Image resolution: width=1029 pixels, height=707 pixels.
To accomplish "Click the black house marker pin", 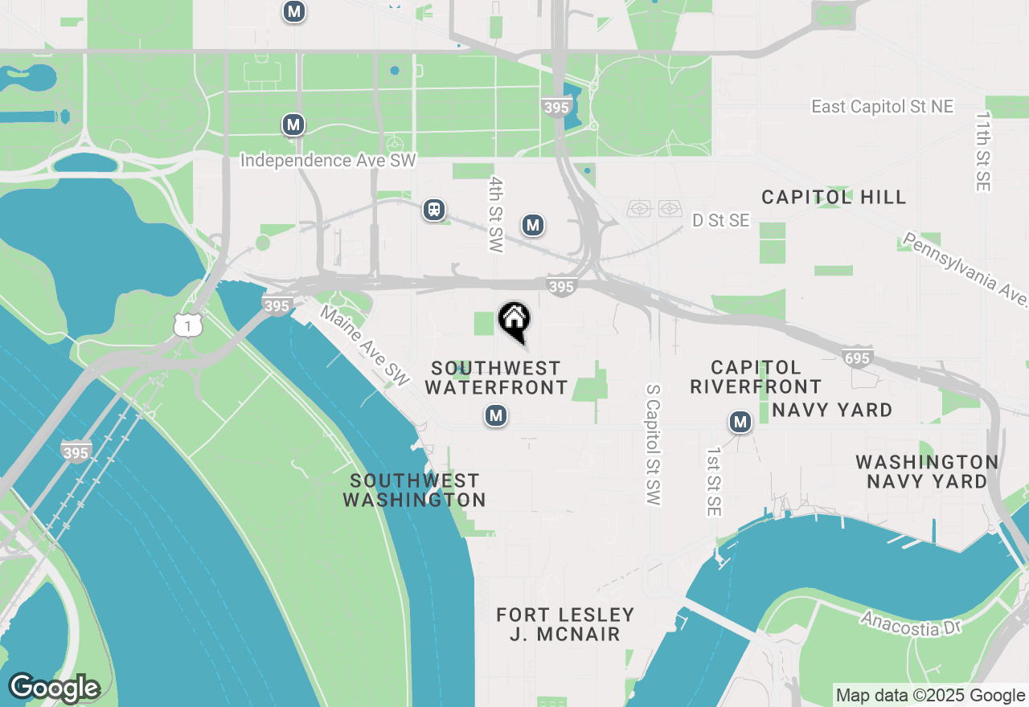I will [x=514, y=321].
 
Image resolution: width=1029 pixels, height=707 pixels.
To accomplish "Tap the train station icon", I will [x=434, y=210].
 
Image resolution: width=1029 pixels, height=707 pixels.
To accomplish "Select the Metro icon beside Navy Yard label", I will [x=740, y=422].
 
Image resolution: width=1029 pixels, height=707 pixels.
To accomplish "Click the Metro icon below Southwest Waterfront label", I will [x=496, y=415].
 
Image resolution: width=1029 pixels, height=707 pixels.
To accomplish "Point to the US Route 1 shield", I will [x=187, y=325].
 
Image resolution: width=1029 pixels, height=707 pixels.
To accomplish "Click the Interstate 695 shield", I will [x=858, y=358].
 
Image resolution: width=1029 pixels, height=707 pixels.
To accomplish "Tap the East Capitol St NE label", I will [x=882, y=107].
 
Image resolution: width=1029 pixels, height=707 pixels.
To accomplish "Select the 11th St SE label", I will [x=982, y=152].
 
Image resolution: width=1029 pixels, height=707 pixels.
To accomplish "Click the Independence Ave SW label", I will [x=328, y=161].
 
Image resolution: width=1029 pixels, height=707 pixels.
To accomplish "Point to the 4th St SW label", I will [x=496, y=215].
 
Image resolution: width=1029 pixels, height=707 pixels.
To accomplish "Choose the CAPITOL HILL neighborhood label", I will [x=834, y=197].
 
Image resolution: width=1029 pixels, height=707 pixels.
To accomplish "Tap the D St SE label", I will [x=721, y=220].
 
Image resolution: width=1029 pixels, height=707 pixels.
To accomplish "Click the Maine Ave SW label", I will [x=366, y=345].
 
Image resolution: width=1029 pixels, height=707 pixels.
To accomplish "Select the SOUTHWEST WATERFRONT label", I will [x=496, y=378].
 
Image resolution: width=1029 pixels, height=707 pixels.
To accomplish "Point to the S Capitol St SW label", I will [x=654, y=444].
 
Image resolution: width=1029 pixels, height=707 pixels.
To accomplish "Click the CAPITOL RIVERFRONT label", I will [x=756, y=378].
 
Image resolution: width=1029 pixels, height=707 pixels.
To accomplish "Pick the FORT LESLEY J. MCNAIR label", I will [x=565, y=624].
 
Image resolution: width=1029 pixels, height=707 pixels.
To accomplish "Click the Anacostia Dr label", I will [x=911, y=623].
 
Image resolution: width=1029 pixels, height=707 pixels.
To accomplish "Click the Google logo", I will [x=54, y=688].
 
